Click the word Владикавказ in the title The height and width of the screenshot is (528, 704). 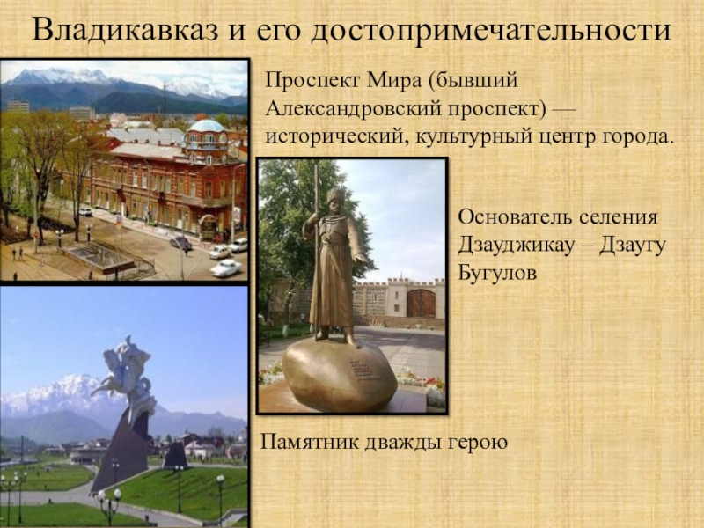tap(126, 30)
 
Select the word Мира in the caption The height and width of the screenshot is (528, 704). tap(393, 80)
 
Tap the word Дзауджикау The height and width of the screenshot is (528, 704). tap(517, 246)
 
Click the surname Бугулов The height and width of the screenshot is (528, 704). tap(497, 273)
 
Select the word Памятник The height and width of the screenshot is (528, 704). tap(310, 442)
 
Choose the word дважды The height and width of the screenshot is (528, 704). tap(404, 443)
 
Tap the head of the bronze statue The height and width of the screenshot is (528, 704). tap(335, 202)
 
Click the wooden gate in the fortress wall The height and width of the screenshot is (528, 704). tap(421, 303)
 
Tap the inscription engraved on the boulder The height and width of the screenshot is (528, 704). tap(363, 370)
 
